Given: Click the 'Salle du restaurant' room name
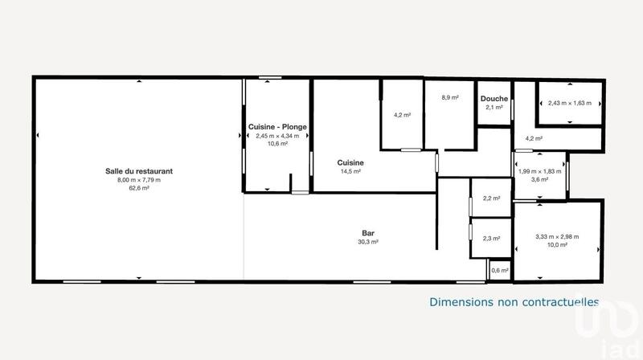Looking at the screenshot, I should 139,170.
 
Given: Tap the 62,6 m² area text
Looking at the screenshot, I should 139,188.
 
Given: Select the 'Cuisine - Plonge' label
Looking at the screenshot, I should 277,127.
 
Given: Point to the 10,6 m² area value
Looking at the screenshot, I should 277,145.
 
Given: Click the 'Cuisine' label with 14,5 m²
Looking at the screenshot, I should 350,162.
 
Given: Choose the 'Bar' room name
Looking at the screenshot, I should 368,233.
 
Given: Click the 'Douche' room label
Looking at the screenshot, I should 493,99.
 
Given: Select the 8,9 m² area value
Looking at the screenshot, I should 449,97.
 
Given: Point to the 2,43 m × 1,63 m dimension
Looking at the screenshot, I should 569,103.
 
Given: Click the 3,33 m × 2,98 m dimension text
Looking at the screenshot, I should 557,236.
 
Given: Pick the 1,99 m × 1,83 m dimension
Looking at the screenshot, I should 539,171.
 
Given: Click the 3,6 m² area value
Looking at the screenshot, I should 539,179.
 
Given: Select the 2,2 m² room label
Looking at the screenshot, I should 491,198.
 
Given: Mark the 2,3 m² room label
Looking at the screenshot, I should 491,238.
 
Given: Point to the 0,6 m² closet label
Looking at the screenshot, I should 499,270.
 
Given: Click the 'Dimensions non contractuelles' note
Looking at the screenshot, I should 514,302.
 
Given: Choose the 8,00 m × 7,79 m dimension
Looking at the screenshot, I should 139,179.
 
